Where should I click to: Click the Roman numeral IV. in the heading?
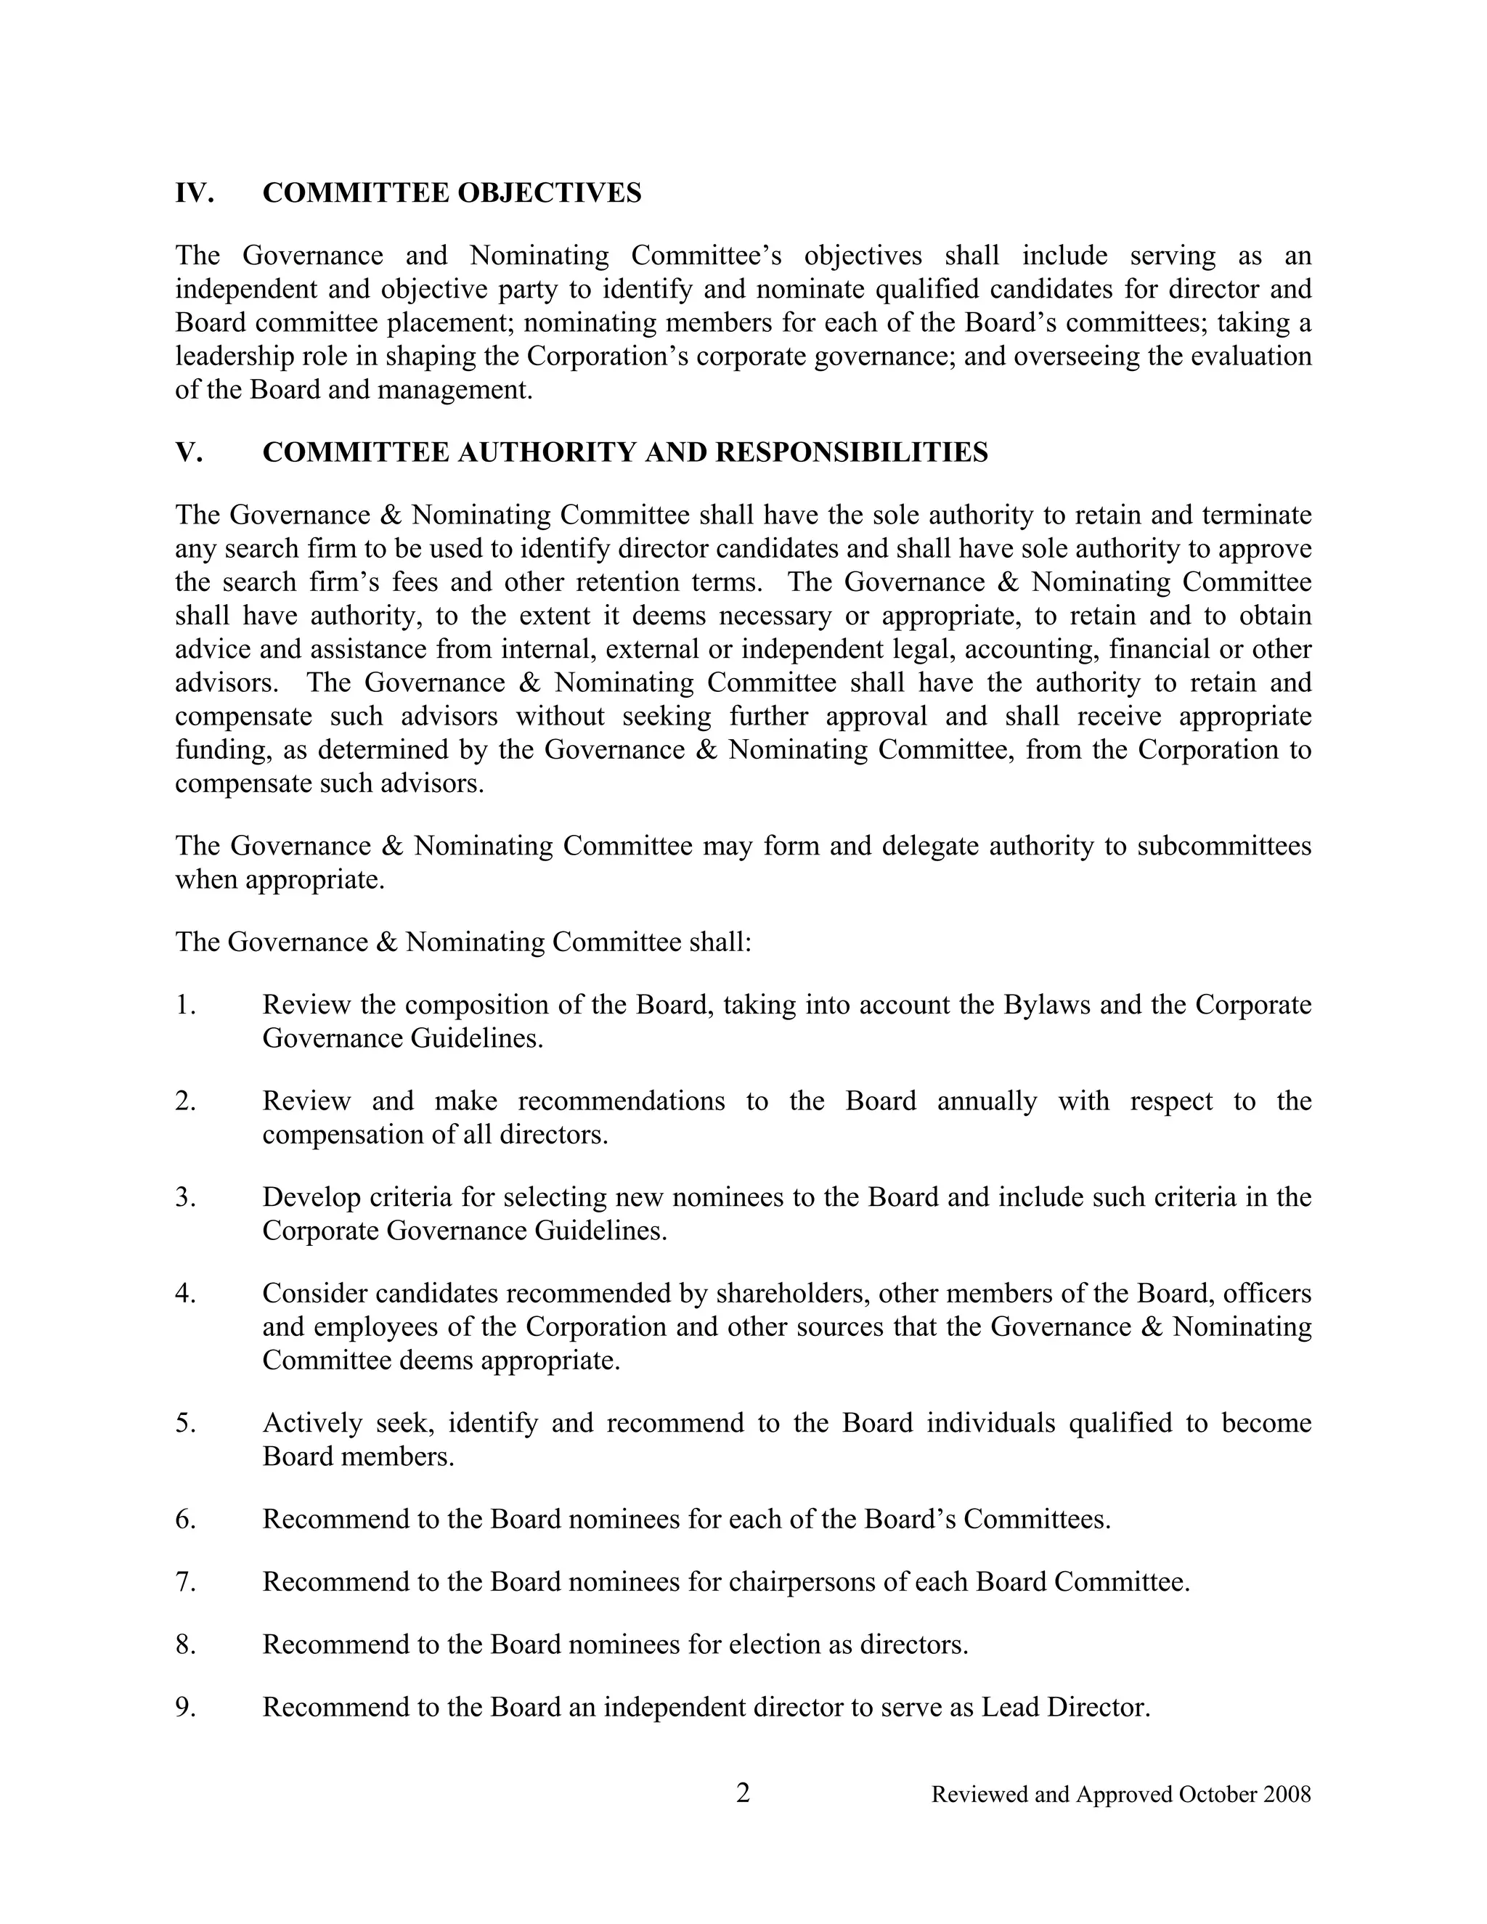pos(194,192)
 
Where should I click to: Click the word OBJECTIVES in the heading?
pos(558,192)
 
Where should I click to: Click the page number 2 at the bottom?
pos(743,1793)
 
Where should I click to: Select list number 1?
pos(185,1004)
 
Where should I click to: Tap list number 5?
pos(185,1423)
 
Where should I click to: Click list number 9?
pos(185,1708)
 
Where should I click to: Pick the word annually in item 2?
pos(987,1101)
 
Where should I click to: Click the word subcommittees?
pos(1223,846)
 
